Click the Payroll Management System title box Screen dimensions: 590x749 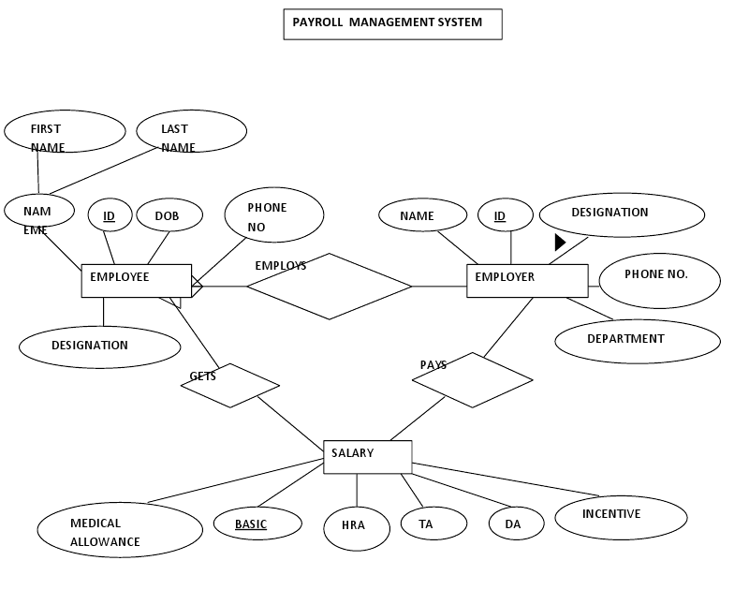392,24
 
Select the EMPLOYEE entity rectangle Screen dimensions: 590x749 137,281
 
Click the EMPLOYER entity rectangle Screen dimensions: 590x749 527,281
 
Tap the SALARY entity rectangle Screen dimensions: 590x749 367,457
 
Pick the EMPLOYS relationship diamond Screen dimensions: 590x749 329,287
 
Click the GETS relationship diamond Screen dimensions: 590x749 230,385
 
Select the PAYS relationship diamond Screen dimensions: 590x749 473,380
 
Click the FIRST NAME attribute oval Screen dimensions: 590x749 65,132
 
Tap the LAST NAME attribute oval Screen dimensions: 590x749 191,132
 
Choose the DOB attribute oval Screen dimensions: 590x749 169,216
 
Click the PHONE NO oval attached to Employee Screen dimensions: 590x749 273,215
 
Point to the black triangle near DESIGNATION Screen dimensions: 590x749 560,243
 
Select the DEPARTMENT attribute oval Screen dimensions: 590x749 638,341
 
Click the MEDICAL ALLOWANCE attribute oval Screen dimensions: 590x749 120,530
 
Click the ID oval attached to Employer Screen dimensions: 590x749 506,216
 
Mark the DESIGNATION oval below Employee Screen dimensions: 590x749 99,347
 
